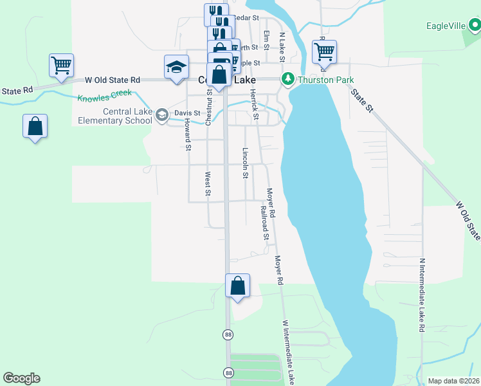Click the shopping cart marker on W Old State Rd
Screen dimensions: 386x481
[61, 65]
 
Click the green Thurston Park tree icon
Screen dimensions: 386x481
[287, 79]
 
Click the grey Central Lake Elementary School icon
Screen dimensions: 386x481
[162, 115]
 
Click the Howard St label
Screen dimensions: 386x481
[188, 134]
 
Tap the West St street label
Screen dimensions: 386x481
[208, 183]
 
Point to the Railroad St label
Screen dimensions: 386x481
[264, 223]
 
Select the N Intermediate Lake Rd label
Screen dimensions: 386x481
[422, 295]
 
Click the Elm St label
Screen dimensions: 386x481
[266, 37]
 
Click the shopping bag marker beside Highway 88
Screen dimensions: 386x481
[238, 286]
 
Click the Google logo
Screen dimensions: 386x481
[21, 378]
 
